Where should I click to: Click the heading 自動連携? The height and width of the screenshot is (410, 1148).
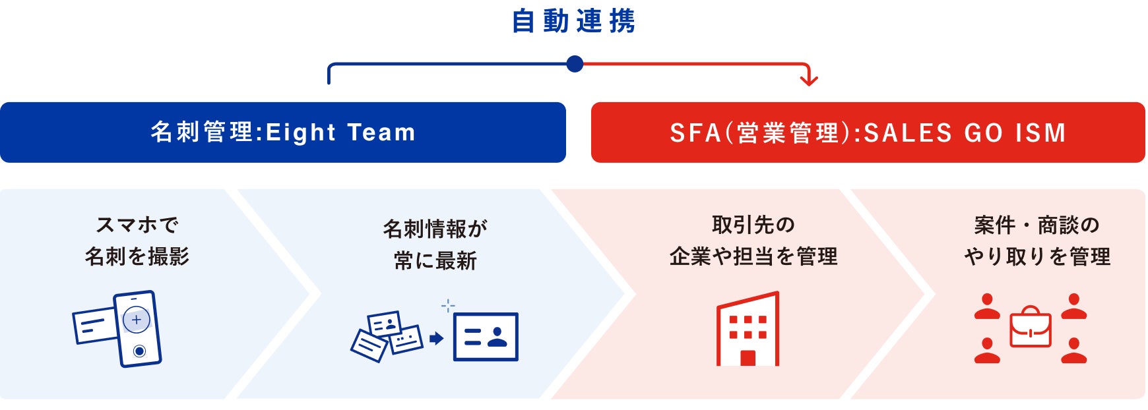click(x=573, y=21)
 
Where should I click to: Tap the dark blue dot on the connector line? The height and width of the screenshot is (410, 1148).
click(x=575, y=64)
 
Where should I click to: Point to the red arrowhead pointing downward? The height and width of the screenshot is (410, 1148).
click(x=809, y=80)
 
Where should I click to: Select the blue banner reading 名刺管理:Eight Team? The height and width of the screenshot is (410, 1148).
click(x=282, y=132)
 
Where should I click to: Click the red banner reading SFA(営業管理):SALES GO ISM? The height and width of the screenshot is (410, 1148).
click(x=868, y=132)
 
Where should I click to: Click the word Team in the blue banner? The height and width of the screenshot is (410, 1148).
click(x=381, y=132)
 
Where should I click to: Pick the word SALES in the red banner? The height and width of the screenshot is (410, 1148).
click(x=908, y=133)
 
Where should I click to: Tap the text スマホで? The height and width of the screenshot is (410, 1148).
click(x=137, y=225)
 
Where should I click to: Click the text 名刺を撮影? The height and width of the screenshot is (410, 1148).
click(x=137, y=256)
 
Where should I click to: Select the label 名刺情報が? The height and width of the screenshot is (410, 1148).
click(x=435, y=229)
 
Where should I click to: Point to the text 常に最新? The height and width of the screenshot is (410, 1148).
click(x=435, y=260)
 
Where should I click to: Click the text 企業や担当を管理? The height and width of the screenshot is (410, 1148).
click(x=753, y=256)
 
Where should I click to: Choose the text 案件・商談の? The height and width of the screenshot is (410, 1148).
click(x=1036, y=225)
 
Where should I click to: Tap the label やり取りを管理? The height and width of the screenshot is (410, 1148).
click(x=1036, y=256)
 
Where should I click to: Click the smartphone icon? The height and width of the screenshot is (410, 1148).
click(x=138, y=329)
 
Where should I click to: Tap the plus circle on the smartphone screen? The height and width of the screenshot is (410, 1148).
click(x=137, y=320)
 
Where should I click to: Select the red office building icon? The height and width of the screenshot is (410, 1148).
click(x=748, y=329)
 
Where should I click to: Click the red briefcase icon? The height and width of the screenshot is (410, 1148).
click(x=1030, y=327)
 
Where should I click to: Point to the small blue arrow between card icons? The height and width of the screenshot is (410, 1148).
click(x=436, y=338)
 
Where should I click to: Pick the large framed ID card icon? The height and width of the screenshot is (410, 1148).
click(x=486, y=337)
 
